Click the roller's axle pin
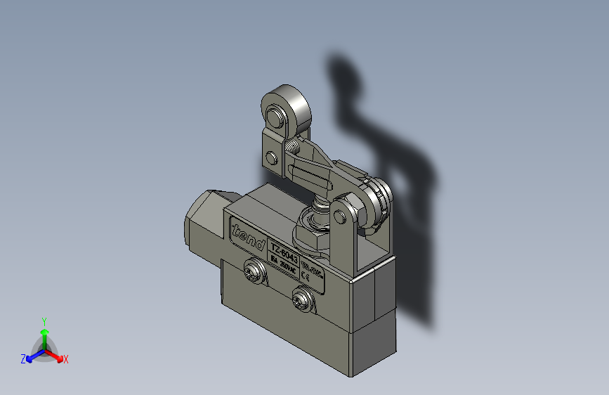point(275,115)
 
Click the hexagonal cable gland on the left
point(203,218)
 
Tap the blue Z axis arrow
point(31,357)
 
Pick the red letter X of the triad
point(66,359)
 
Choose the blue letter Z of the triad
point(23,359)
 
